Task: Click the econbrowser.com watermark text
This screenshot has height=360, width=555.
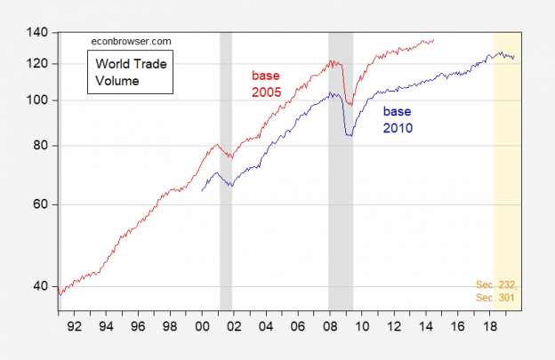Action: [x=129, y=41]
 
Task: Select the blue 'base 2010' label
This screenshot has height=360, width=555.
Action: [x=398, y=120]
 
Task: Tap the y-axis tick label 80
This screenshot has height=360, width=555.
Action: [x=43, y=146]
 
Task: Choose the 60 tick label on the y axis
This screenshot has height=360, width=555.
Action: [x=43, y=204]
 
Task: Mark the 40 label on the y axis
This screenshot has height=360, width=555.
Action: [x=43, y=286]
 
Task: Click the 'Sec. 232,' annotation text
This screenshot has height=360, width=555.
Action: [x=495, y=284]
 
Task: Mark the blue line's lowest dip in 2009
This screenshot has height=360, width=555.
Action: [x=349, y=135]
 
